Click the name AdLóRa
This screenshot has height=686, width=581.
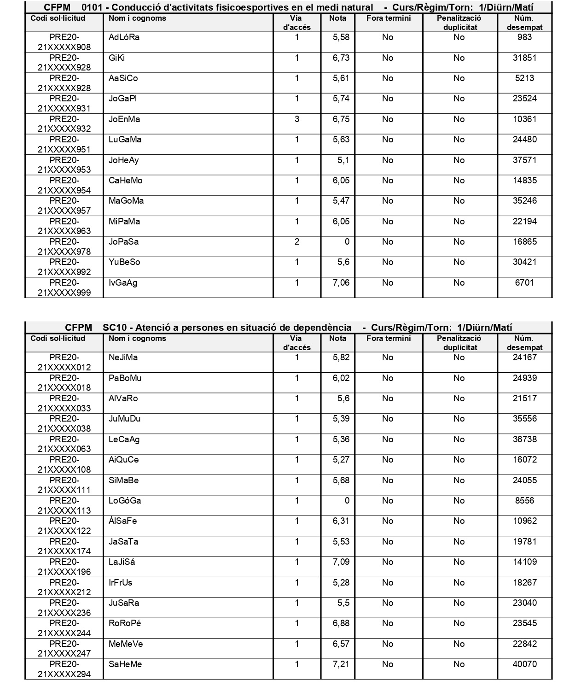pos(124,38)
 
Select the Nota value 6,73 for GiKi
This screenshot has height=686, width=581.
pos(341,58)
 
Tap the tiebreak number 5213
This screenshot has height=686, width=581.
pos(524,78)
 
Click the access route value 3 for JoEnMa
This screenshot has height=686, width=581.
pos(297,119)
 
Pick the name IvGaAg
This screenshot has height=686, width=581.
pos(123,283)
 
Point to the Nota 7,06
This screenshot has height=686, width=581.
pos(341,283)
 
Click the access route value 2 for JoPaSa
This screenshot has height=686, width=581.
pos(297,242)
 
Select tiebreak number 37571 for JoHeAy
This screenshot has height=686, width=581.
pos(524,160)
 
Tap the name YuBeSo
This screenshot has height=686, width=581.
pos(124,262)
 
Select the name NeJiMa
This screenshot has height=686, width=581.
pos(123,358)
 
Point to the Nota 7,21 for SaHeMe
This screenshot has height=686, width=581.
pos(341,664)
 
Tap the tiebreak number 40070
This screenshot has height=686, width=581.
pos(524,664)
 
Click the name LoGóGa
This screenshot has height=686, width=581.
pos(125,501)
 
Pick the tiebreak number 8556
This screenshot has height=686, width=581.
pos(524,501)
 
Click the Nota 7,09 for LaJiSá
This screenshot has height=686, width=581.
pos(341,562)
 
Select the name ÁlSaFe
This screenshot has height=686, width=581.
pos(122,521)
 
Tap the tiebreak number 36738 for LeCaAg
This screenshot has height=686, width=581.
pos(524,440)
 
